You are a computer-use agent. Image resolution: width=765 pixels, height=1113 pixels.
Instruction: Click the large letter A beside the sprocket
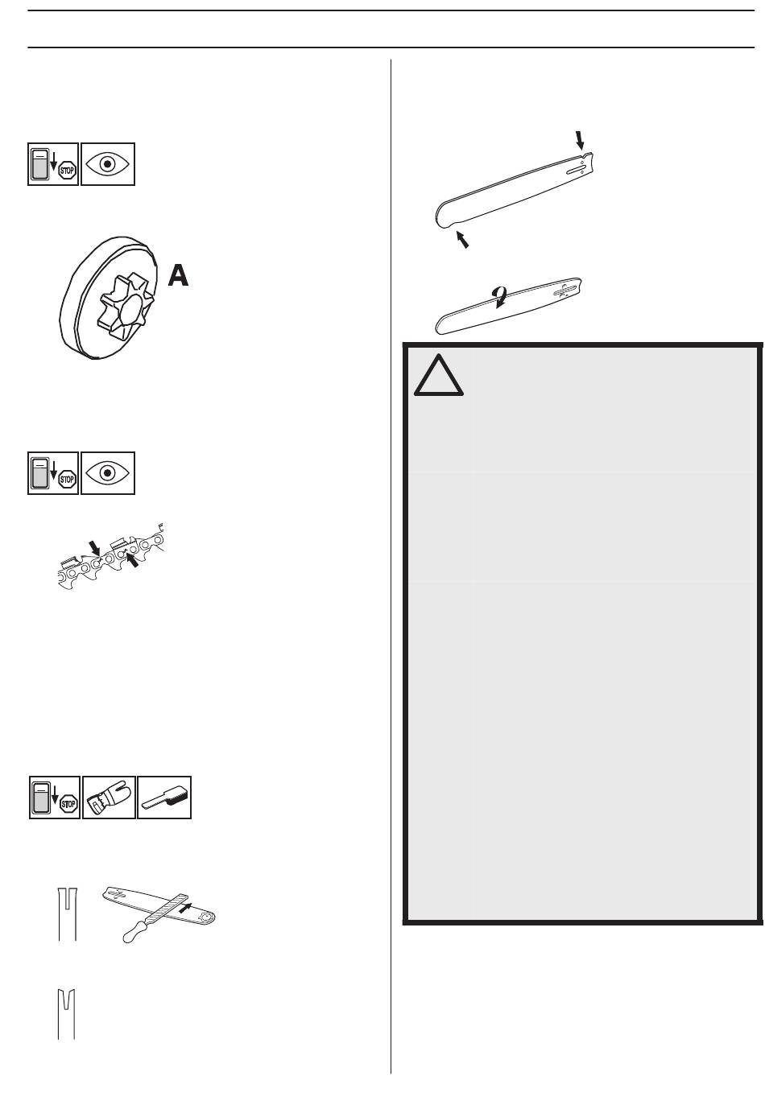pyautogui.click(x=179, y=275)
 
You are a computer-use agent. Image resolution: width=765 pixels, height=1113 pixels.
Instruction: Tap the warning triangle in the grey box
pyautogui.click(x=438, y=375)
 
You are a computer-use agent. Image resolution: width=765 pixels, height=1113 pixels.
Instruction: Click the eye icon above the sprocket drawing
pyautogui.click(x=107, y=164)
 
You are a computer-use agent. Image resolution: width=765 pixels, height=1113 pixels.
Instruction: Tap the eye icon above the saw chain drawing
pyautogui.click(x=107, y=473)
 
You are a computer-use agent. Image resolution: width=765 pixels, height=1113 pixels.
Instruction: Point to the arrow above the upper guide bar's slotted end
pyautogui.click(x=579, y=140)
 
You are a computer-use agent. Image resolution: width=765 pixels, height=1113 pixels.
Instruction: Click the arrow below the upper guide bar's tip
pyautogui.click(x=462, y=240)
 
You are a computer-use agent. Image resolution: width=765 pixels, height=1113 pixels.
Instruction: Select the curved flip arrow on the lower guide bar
pyautogui.click(x=499, y=297)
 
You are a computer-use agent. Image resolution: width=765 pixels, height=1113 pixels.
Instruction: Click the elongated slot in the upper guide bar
pyautogui.click(x=575, y=171)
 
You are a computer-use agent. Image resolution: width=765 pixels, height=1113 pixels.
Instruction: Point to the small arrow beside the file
pyautogui.click(x=185, y=908)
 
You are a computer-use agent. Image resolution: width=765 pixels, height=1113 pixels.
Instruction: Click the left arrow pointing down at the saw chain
pyautogui.click(x=94, y=548)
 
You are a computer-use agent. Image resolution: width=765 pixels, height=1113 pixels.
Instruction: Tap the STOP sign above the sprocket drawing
pyautogui.click(x=67, y=171)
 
